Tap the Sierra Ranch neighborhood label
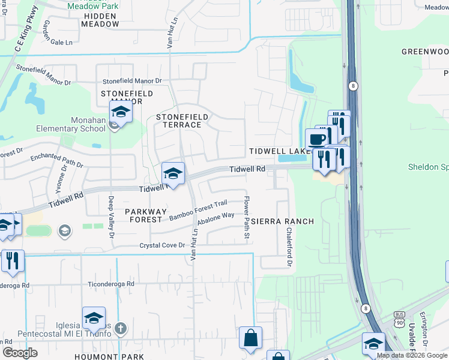(282, 221)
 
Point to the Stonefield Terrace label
(182, 120)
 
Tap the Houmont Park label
(109, 356)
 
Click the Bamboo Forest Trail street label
(197, 210)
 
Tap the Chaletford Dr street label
(289, 247)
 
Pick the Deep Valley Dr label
(112, 217)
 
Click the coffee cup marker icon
(317, 140)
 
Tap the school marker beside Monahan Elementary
(120, 112)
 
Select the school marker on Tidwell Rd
(173, 173)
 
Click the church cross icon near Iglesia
(121, 328)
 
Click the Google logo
(20, 353)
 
